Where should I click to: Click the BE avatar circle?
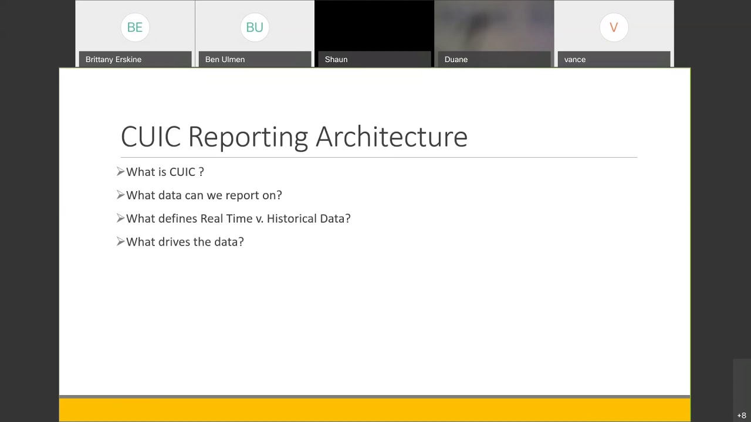pyautogui.click(x=135, y=28)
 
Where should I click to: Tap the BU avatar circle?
pyautogui.click(x=255, y=28)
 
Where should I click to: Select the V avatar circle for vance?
pyautogui.click(x=614, y=28)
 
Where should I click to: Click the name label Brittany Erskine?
pyautogui.click(x=113, y=59)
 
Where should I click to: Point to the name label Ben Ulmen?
pyautogui.click(x=225, y=59)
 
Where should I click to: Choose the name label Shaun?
pyautogui.click(x=336, y=59)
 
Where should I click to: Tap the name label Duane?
pyautogui.click(x=456, y=59)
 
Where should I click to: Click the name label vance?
pyautogui.click(x=575, y=59)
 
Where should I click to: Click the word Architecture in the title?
pyautogui.click(x=391, y=137)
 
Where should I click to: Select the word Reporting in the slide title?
pyautogui.click(x=248, y=137)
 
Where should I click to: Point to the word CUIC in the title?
pyautogui.click(x=151, y=137)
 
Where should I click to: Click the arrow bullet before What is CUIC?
pyautogui.click(x=121, y=172)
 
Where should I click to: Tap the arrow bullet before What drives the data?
pyautogui.click(x=121, y=241)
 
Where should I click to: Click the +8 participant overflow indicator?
pyautogui.click(x=742, y=416)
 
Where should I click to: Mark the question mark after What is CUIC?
pyautogui.click(x=201, y=172)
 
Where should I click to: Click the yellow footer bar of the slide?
pyautogui.click(x=374, y=410)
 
